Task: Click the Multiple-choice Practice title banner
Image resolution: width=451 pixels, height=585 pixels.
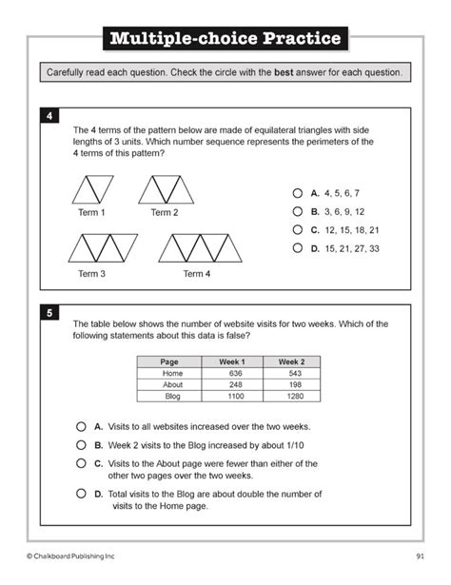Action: (225, 39)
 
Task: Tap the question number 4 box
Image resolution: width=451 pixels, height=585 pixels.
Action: (49, 116)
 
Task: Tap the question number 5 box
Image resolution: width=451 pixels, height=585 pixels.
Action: (49, 312)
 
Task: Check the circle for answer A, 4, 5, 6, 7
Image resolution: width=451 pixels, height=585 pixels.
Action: (298, 192)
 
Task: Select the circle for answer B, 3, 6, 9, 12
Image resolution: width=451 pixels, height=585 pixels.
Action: (298, 211)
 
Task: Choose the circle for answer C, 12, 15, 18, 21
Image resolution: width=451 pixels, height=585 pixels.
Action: (298, 229)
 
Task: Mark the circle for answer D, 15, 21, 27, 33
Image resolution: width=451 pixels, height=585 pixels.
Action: (298, 248)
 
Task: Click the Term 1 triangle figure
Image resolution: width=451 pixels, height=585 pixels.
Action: (92, 188)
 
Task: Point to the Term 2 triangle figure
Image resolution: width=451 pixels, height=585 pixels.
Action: (166, 188)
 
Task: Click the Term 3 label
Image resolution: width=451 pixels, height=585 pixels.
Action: (91, 274)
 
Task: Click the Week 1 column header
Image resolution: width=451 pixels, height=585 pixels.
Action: (232, 361)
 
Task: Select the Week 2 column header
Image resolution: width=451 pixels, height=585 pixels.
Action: (290, 361)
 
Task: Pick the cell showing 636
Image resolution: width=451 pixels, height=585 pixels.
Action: (232, 373)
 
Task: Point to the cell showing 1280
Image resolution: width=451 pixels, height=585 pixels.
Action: (290, 395)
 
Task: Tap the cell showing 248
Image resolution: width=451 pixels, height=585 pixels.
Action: (232, 384)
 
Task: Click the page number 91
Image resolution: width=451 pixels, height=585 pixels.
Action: (420, 555)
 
